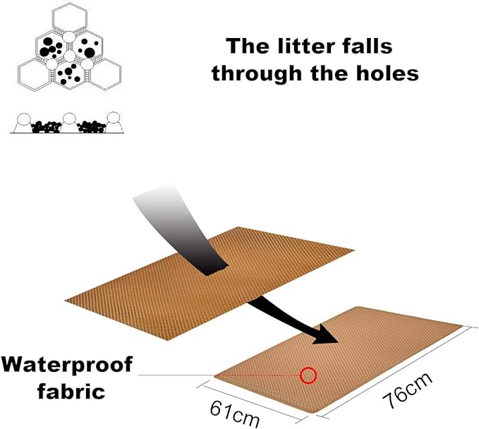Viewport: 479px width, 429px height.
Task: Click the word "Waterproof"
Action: point(67,365)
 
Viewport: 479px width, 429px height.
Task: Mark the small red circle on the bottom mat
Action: point(308,375)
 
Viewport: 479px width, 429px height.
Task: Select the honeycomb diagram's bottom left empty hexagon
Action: point(35,74)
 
